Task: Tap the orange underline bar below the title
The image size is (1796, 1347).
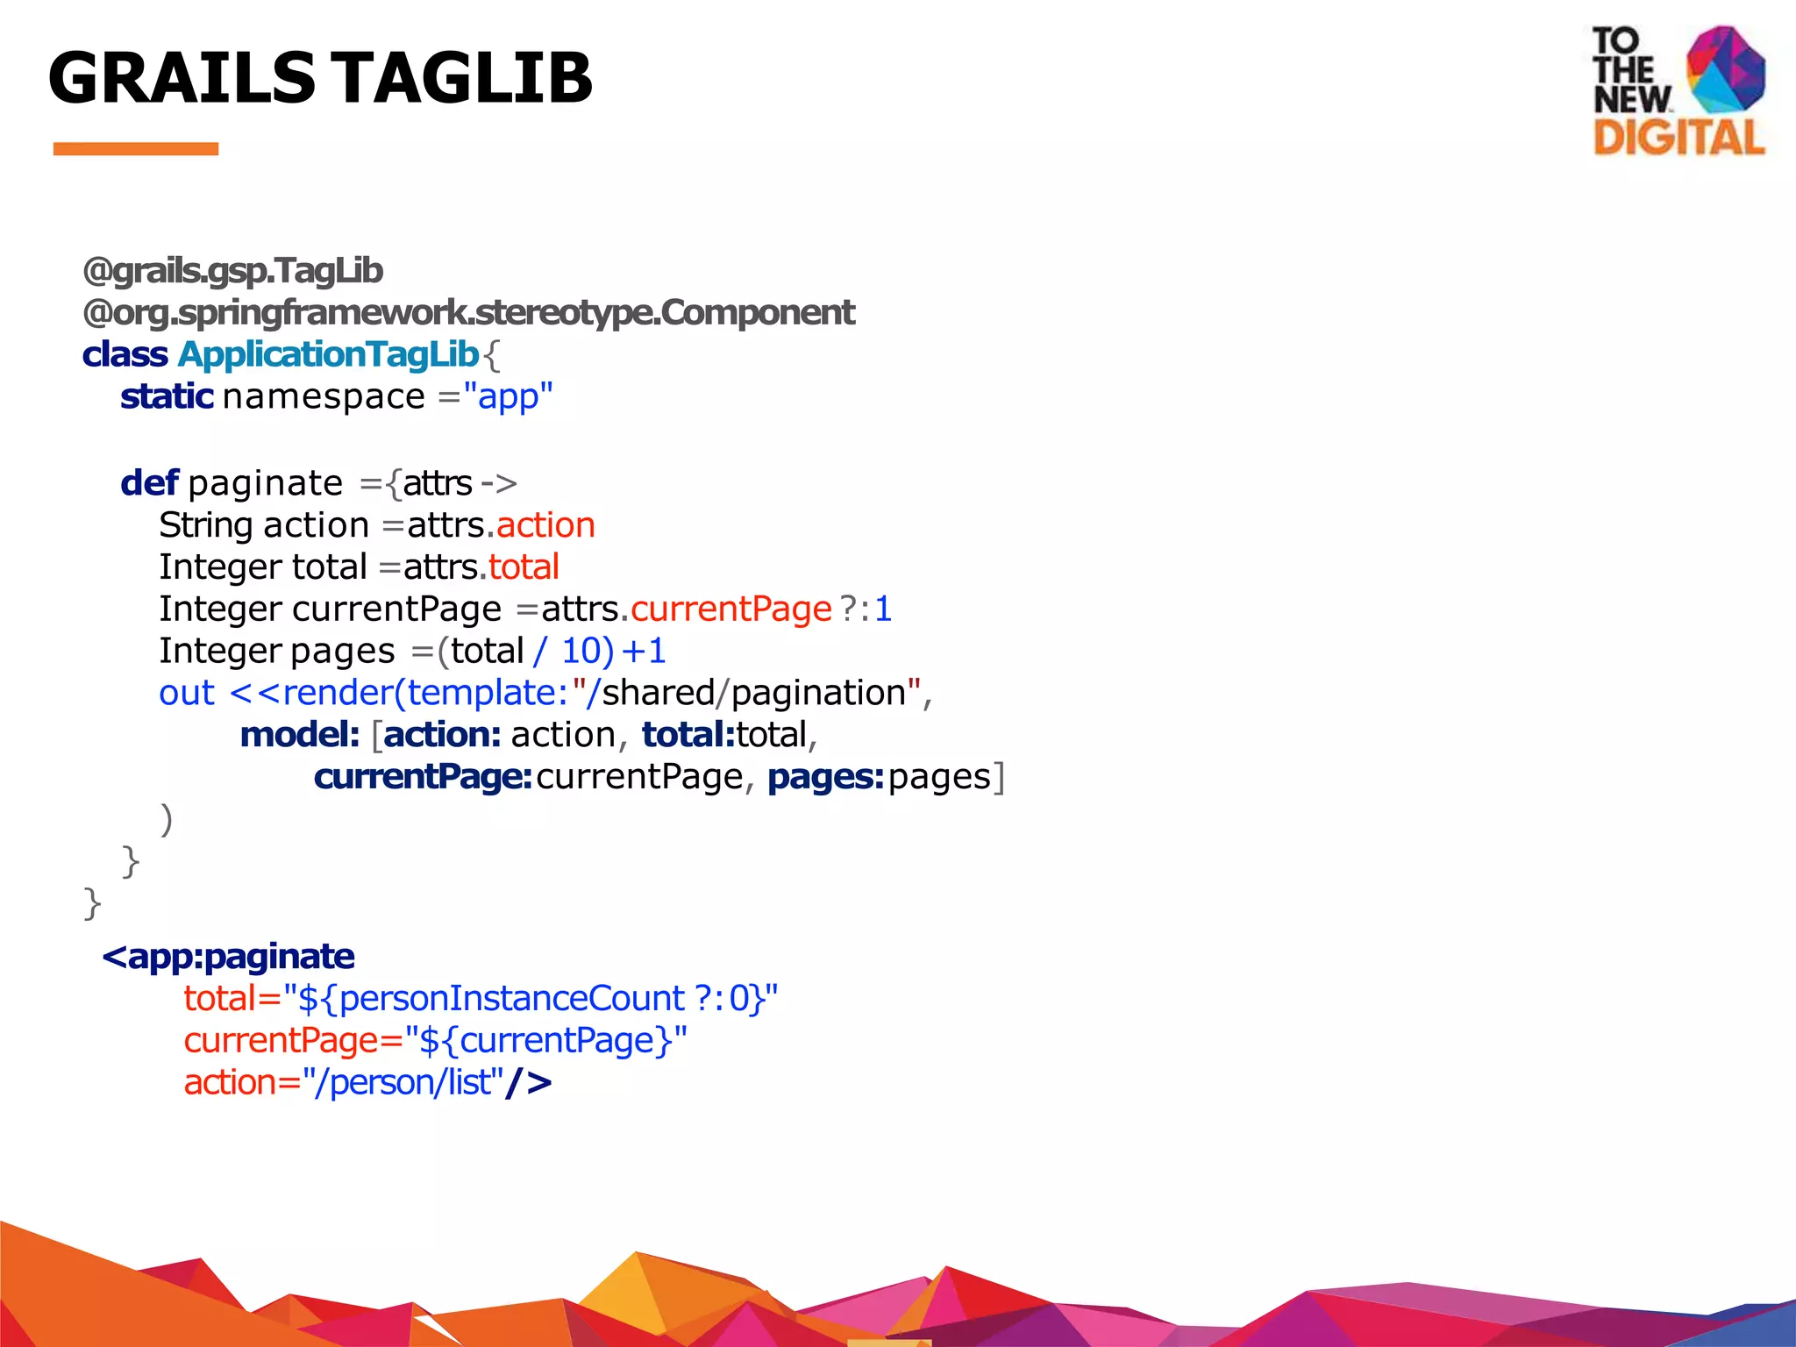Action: pos(135,149)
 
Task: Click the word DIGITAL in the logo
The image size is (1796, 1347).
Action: pos(1678,138)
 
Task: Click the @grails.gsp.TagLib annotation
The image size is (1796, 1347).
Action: pos(232,271)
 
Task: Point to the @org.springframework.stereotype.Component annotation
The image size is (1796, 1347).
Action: pos(468,312)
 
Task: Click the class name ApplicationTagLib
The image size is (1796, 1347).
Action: pos(328,354)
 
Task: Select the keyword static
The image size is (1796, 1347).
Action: pos(167,396)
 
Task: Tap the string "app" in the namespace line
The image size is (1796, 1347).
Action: pos(508,396)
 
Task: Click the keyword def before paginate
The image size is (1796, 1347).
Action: pos(149,483)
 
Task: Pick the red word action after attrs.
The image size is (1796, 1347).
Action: pos(545,525)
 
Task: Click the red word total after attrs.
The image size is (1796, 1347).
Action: pos(524,567)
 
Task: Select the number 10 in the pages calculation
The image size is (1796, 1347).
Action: pos(581,652)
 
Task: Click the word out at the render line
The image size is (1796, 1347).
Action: pos(186,693)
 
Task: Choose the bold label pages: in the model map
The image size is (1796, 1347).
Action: pos(824,777)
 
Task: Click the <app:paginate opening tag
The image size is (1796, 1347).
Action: pos(228,956)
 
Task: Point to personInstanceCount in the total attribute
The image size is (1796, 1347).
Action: pos(512,999)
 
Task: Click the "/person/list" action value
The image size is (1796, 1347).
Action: pos(403,1083)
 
